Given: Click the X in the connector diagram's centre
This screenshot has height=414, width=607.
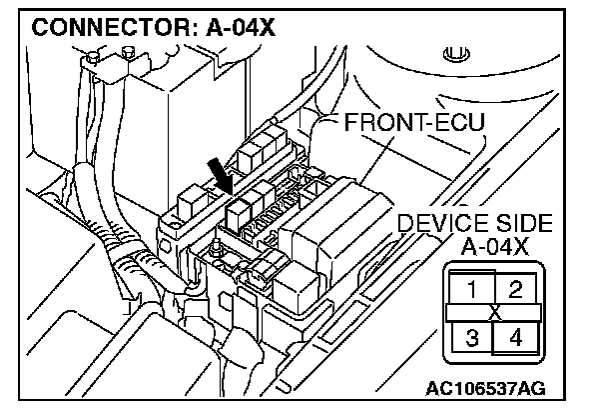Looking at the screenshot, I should coord(493,312).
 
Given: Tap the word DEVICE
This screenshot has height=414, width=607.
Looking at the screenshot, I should coord(436,224).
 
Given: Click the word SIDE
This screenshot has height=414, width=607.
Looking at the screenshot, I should coord(518,224).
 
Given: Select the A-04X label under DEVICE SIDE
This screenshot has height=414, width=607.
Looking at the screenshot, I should coord(494,246).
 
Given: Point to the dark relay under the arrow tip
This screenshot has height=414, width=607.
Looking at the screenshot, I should coord(240,210).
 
